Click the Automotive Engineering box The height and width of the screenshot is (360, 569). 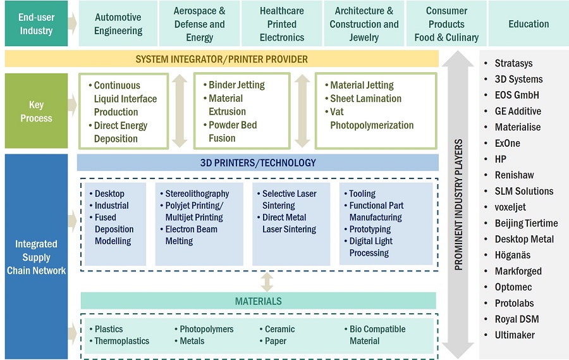118,24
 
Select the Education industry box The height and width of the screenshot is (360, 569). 529,24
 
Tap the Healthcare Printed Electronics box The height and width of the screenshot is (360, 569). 281,24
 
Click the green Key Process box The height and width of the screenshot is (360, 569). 36,111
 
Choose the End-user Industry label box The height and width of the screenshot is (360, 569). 36,24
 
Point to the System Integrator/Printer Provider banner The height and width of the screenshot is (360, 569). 221,59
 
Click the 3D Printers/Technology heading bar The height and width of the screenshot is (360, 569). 258,163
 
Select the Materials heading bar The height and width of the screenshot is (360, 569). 258,301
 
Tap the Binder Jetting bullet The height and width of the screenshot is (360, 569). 236,85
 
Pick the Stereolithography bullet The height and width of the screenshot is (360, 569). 197,194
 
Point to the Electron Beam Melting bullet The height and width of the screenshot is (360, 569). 191,235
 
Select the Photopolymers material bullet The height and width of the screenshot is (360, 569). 206,329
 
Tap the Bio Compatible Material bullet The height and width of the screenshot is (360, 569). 377,335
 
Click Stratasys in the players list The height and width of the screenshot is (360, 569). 513,63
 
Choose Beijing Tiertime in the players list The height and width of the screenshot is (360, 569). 526,223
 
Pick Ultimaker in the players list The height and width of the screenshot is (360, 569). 515,335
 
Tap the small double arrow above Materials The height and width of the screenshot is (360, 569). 267,282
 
